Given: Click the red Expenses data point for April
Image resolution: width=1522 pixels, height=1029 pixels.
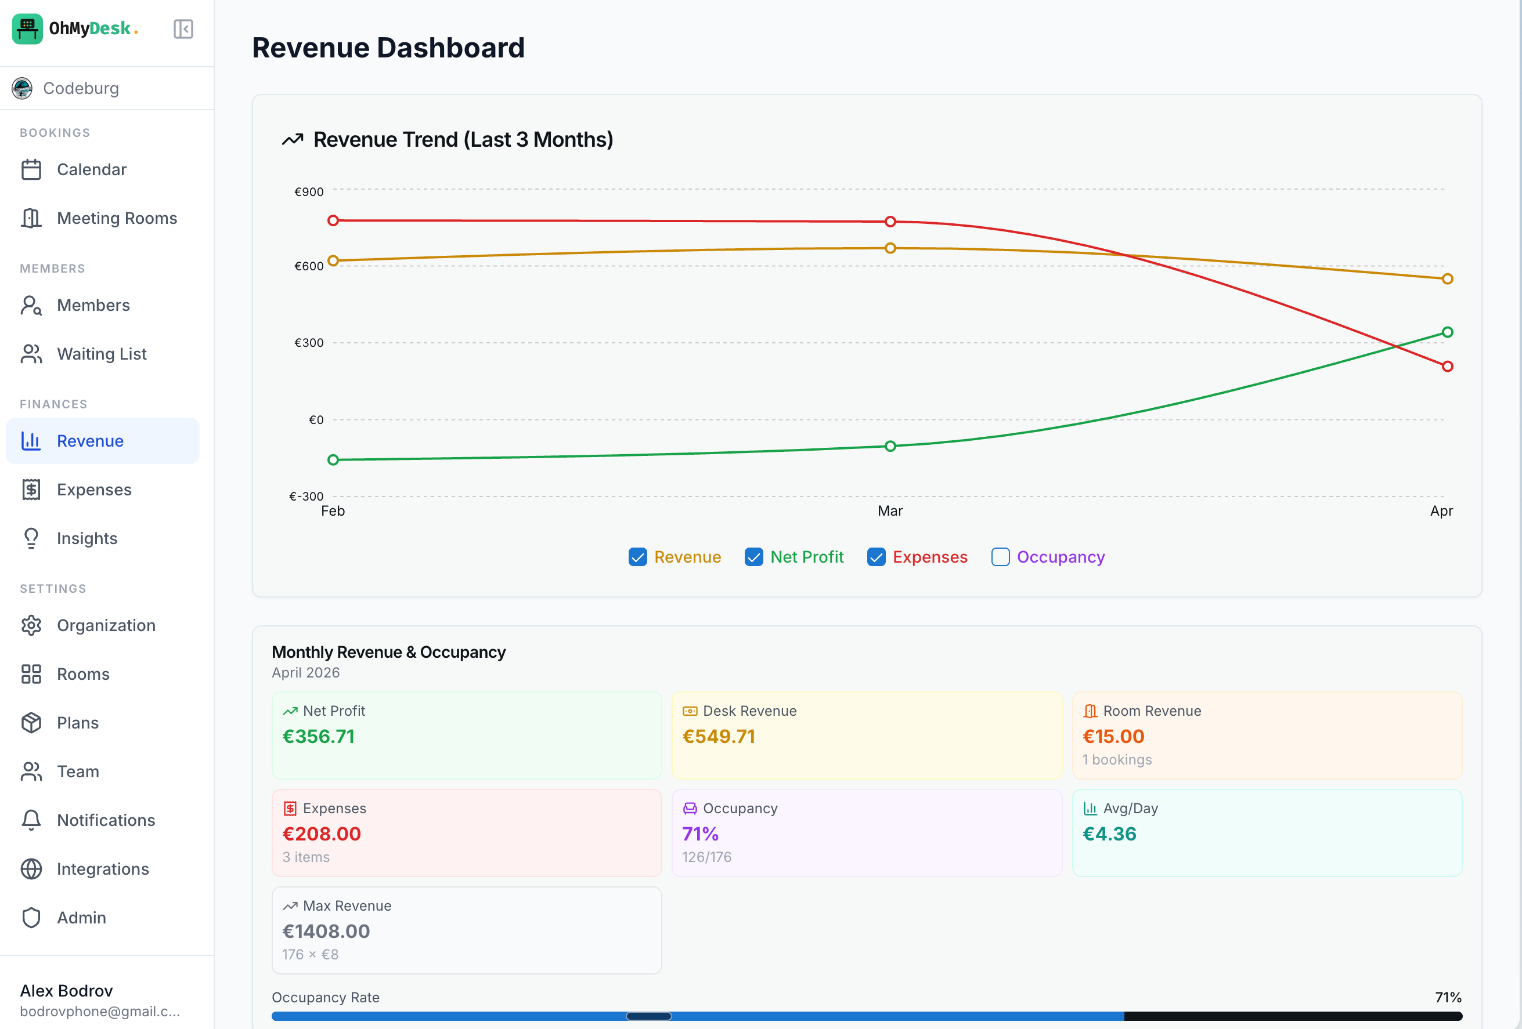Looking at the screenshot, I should click(x=1447, y=367).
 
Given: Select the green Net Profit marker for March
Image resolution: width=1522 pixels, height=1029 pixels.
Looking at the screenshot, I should click(x=890, y=447).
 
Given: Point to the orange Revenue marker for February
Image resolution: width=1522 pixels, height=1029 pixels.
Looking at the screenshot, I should click(x=333, y=260).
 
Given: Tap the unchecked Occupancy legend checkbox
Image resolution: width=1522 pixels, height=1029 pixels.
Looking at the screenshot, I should click(x=1000, y=557).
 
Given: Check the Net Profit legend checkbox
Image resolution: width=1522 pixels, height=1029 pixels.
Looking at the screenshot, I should click(x=754, y=557).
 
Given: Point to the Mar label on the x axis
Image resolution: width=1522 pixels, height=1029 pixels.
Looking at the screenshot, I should click(x=890, y=511).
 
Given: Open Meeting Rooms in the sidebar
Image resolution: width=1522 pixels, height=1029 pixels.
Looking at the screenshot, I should click(x=117, y=218).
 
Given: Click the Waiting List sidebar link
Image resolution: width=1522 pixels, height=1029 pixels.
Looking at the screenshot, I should click(x=102, y=354).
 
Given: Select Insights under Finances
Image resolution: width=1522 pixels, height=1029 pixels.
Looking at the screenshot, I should click(x=87, y=539).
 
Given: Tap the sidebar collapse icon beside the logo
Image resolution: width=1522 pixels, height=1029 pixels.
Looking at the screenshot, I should click(x=183, y=29).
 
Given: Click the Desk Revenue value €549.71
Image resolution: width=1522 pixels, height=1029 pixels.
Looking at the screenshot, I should click(x=719, y=737).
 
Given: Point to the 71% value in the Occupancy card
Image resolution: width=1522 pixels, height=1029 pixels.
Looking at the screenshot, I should click(x=700, y=834).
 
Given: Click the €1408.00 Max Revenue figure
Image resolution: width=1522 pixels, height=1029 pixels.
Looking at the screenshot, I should click(x=326, y=932).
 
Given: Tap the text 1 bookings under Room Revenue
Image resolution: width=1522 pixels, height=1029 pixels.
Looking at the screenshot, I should click(x=1117, y=760).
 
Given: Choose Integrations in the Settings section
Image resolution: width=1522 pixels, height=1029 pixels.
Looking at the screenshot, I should click(x=103, y=869).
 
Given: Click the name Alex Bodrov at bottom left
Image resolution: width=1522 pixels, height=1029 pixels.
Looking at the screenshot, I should click(x=66, y=990).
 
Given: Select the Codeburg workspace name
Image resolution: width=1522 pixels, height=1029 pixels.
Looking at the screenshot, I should click(x=81, y=88).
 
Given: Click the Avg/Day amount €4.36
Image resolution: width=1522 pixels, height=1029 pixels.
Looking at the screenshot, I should click(x=1109, y=834).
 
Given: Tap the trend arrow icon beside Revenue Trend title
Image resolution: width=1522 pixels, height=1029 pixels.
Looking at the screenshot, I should click(x=293, y=139).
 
